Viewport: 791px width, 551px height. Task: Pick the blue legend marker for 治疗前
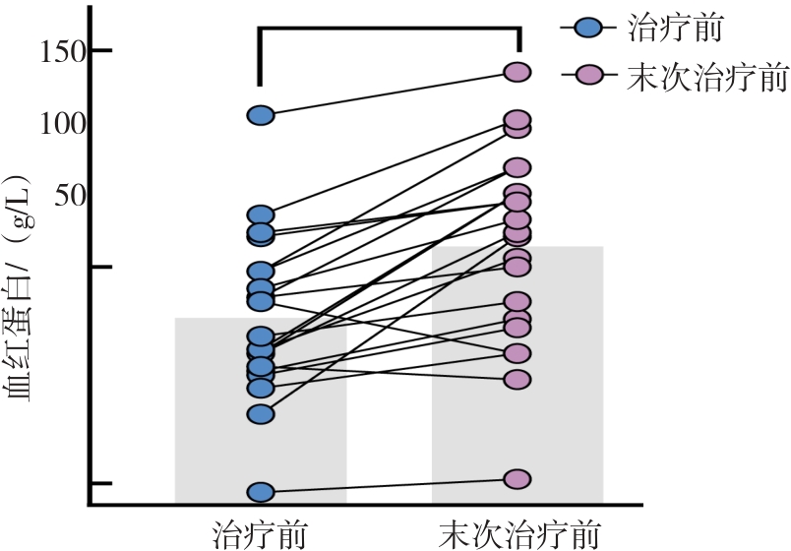click(x=587, y=29)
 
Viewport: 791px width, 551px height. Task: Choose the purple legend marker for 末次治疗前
click(x=587, y=75)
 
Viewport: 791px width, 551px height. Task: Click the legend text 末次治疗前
click(x=706, y=76)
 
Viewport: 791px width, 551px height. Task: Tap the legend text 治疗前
click(x=676, y=29)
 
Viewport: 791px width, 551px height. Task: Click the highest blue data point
click(x=260, y=115)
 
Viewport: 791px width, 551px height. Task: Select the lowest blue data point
click(x=260, y=492)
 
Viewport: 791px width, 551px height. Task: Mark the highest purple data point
click(x=517, y=72)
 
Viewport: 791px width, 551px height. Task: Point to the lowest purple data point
click(x=517, y=479)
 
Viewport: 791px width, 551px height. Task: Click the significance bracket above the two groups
click(x=389, y=30)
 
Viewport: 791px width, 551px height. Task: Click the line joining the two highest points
click(x=389, y=93)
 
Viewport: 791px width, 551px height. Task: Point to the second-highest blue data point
click(x=260, y=215)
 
